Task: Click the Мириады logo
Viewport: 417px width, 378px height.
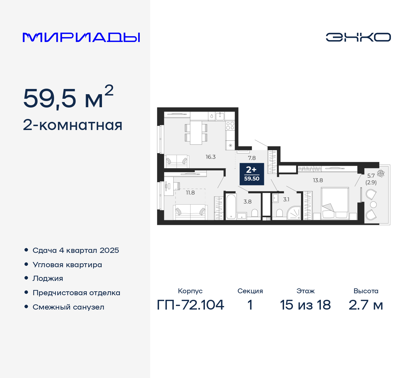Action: [x=81, y=37]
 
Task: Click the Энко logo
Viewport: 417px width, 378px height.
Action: [x=358, y=37]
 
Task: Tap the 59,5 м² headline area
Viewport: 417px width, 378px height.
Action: [x=68, y=97]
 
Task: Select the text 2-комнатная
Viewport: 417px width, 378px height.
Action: [x=73, y=125]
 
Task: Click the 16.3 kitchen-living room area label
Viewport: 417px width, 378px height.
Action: [x=210, y=157]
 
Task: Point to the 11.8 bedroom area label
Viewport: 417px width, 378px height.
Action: [x=190, y=193]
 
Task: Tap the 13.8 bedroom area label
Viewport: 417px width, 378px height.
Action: [x=318, y=180]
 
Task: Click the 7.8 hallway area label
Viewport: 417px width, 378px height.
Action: [x=252, y=158]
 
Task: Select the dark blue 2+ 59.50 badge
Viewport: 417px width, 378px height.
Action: [x=252, y=174]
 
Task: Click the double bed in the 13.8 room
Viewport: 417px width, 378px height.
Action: [x=335, y=203]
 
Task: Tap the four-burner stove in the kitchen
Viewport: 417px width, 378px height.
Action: [x=230, y=126]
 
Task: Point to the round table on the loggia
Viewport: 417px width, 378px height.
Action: [x=374, y=205]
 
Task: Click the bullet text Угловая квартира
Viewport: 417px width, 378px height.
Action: [x=67, y=265]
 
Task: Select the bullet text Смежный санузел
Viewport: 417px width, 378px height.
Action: [x=68, y=307]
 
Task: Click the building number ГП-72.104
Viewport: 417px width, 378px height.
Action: [x=191, y=305]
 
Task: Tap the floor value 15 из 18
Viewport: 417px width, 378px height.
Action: [x=305, y=305]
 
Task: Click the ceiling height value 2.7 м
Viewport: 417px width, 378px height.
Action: [x=366, y=305]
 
